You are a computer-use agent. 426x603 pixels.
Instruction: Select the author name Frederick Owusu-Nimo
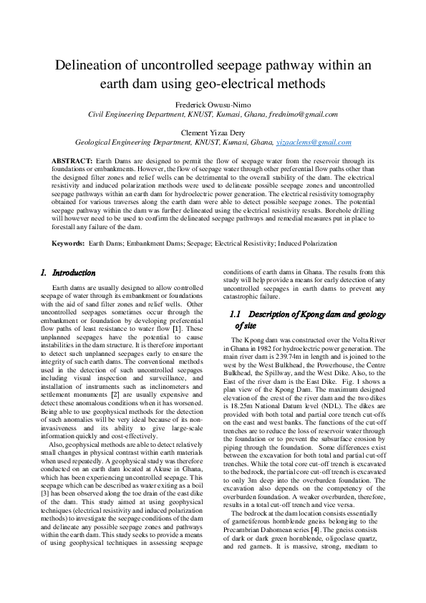[213, 105]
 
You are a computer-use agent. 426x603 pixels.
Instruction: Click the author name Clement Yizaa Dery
[213, 132]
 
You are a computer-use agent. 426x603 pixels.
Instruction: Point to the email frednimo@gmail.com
[304, 114]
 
